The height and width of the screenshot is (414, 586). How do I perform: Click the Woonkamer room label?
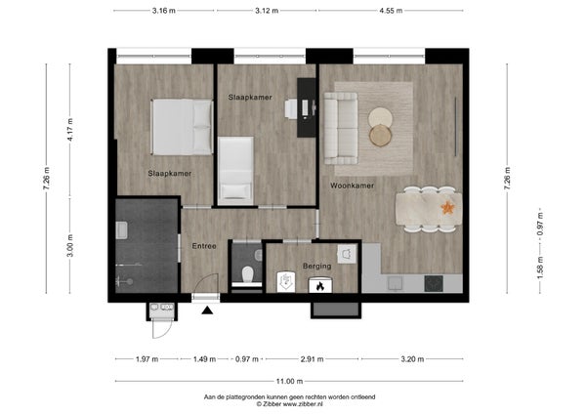[x=352, y=186]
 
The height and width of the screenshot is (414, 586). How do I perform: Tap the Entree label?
[x=204, y=246]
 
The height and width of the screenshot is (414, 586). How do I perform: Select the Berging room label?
[x=316, y=266]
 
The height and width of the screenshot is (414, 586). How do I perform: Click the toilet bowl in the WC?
[x=247, y=274]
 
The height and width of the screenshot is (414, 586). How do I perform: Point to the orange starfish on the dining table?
[x=447, y=207]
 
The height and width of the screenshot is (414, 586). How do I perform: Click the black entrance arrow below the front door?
[x=207, y=310]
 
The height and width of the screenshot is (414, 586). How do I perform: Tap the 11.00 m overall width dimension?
[x=289, y=381]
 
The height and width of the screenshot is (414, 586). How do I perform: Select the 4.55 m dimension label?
[x=391, y=11]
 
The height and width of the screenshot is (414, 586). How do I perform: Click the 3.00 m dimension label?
[x=70, y=245]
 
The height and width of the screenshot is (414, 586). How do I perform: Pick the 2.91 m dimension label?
[x=313, y=359]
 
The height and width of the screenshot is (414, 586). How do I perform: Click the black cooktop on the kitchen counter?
[x=434, y=283]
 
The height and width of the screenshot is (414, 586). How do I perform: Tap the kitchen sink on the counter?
[x=395, y=283]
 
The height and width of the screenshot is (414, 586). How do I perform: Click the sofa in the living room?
[x=341, y=128]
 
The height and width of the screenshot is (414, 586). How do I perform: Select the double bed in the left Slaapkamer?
[x=182, y=127]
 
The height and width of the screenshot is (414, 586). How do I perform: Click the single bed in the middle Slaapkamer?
[x=235, y=171]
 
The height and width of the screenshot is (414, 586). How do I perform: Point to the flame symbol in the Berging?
[x=319, y=286]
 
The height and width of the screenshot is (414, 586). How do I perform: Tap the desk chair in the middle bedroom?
[x=291, y=108]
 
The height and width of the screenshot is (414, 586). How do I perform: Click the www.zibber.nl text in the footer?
[x=303, y=404]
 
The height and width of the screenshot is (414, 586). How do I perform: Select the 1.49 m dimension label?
[x=204, y=359]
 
